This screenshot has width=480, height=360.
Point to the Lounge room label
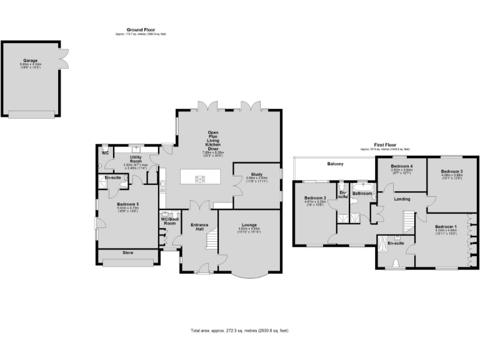(x=249, y=226)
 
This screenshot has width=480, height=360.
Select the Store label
(x=128, y=253)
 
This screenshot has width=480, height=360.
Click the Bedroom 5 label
(x=127, y=204)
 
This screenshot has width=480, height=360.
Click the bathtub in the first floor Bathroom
(x=362, y=187)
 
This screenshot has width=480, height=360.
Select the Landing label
(x=402, y=199)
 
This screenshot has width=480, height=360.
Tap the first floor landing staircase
(x=409, y=221)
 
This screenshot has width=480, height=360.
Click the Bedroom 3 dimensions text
(x=451, y=176)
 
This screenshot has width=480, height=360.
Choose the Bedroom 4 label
(x=400, y=166)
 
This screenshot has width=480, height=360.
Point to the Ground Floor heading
(x=141, y=30)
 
